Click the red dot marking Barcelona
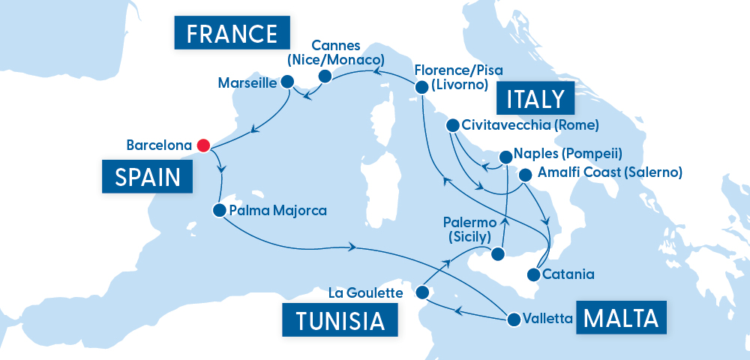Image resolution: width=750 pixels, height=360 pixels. point(202,144)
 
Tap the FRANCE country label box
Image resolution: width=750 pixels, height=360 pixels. point(232,34)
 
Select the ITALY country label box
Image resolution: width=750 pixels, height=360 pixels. point(535,99)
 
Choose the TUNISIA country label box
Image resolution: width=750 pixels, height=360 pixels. point(340,320)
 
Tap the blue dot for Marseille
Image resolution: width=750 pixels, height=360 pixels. point(287,82)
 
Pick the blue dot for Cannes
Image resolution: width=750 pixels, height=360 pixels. point(325,76)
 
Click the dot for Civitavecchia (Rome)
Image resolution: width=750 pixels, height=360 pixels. point(452,124)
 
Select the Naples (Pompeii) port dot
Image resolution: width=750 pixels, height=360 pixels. point(506,157)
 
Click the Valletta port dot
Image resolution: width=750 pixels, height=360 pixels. point(514,320)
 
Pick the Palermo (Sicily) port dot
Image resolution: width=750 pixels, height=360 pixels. point(497,255)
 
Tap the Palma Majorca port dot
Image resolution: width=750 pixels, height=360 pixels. point(219,211)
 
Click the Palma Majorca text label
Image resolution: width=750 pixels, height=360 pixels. point(278,211)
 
